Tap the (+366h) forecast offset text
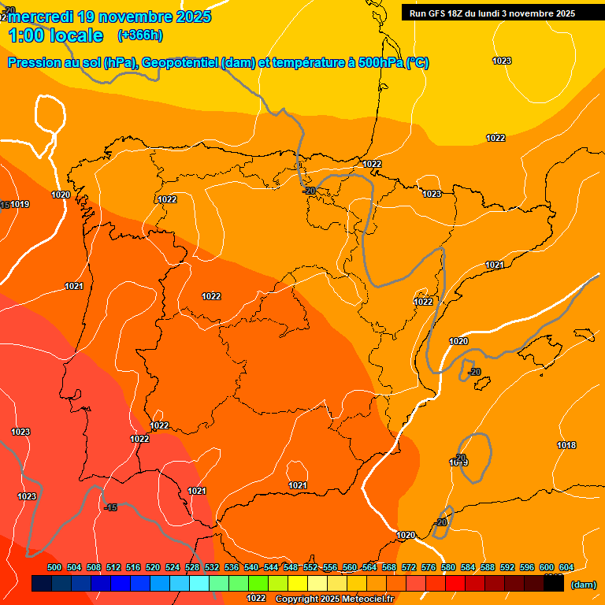pyautogui.click(x=139, y=35)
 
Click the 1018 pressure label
pyautogui.click(x=566, y=445)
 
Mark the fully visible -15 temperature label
pyautogui.click(x=110, y=507)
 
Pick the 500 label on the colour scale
pyautogui.click(x=54, y=567)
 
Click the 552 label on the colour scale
pyautogui.click(x=310, y=567)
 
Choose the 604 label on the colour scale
pyautogui.click(x=566, y=567)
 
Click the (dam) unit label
pyautogui.click(x=583, y=585)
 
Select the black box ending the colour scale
pyautogui.click(x=553, y=584)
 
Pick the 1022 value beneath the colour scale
pyautogui.click(x=256, y=598)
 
